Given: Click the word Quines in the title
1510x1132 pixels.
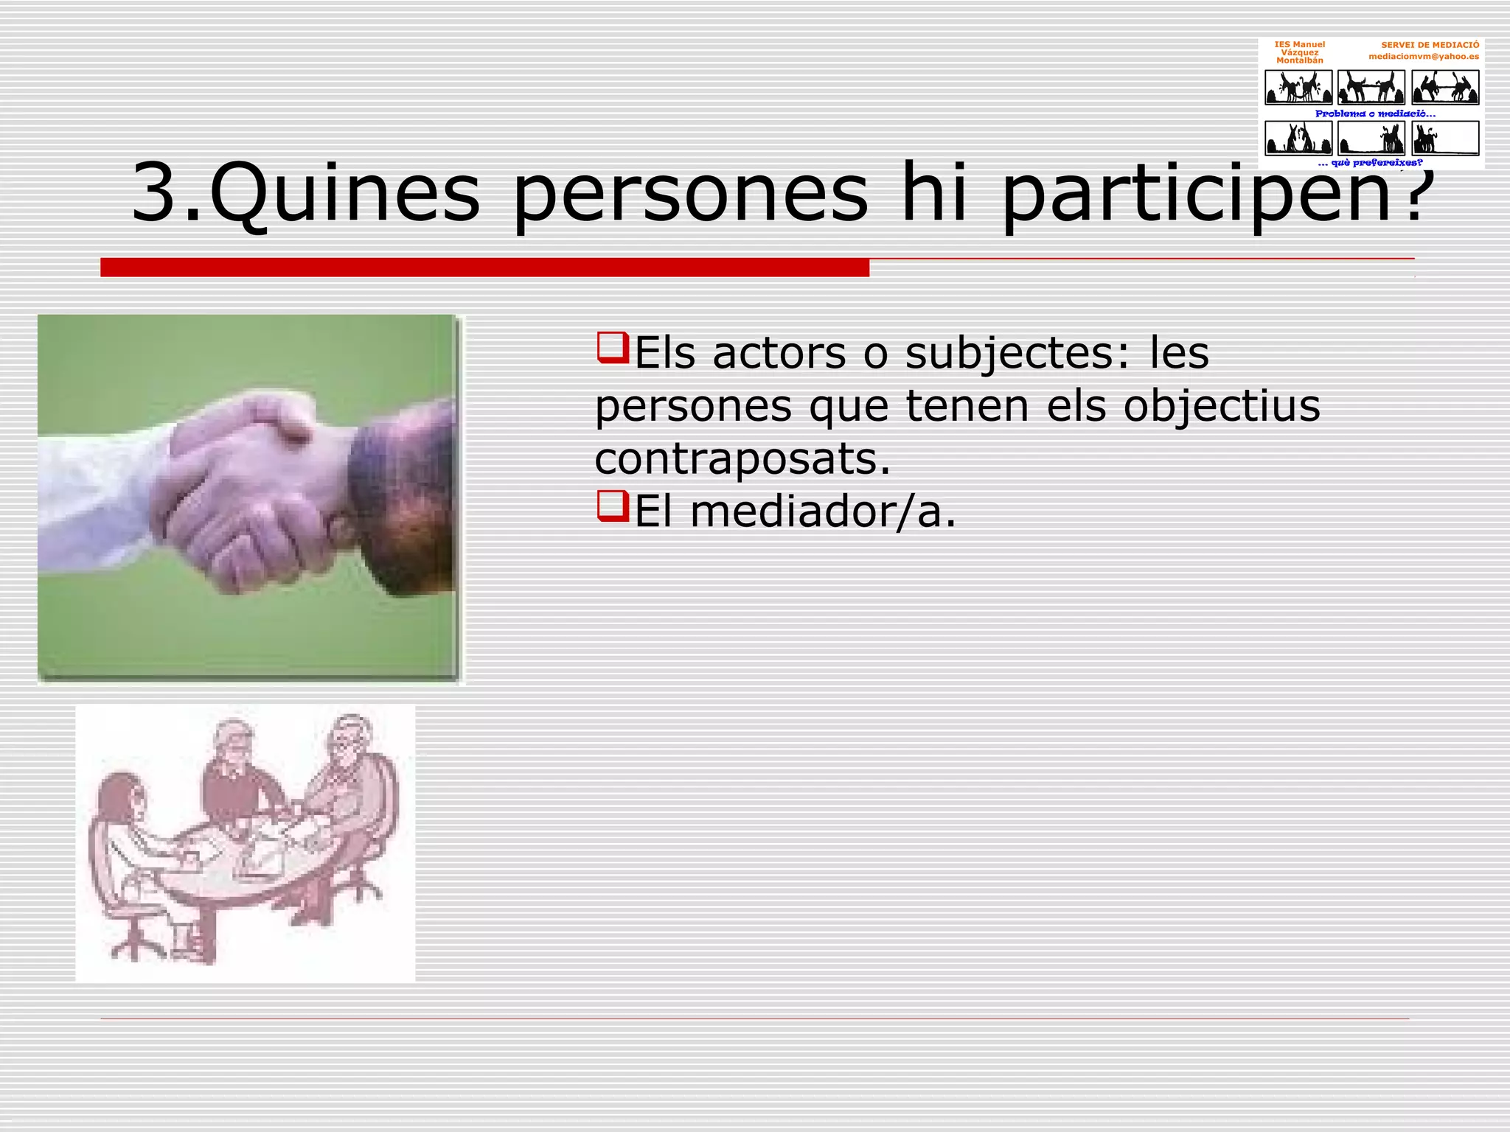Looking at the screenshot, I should (x=344, y=193).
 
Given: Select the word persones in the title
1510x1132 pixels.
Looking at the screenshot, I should (x=690, y=193).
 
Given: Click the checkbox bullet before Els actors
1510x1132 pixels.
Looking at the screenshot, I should (x=611, y=348).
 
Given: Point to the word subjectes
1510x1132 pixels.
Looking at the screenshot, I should (x=1007, y=353).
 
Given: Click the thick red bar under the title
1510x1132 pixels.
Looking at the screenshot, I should (x=484, y=268).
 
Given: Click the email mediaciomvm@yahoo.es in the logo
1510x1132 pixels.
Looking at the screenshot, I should (x=1423, y=57).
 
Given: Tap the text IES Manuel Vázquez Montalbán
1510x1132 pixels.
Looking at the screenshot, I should (x=1299, y=52).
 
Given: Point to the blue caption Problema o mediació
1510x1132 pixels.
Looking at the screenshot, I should (x=1375, y=113).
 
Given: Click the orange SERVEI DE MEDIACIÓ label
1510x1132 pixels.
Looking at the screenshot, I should (x=1430, y=45).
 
